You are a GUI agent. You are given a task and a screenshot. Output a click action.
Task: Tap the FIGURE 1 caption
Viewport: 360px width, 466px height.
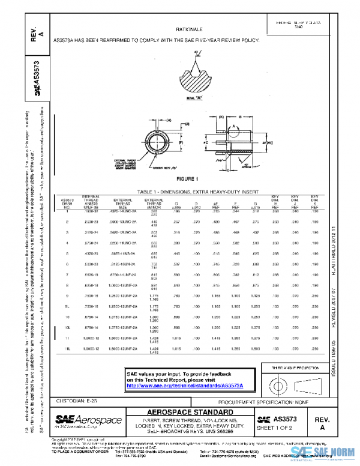click(190, 179)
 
